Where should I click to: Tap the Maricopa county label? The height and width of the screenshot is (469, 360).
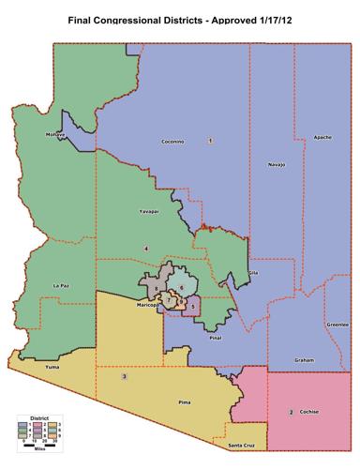point(145,305)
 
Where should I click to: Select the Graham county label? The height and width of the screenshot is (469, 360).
point(304,359)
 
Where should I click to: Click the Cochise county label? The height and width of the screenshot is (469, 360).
point(309,412)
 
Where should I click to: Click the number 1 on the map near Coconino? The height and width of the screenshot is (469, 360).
point(210,140)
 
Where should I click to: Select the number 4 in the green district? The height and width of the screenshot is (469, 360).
point(146,247)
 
